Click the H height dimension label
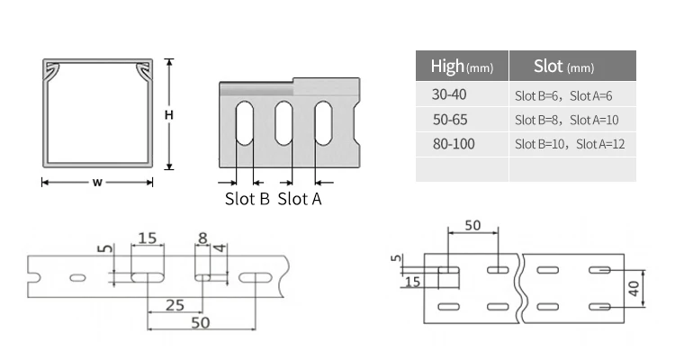click(169, 115)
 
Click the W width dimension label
click(97, 182)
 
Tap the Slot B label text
click(247, 199)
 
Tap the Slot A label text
click(300, 199)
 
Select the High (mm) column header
click(462, 67)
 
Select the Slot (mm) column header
click(564, 67)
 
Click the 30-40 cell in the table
click(449, 94)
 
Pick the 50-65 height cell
click(450, 120)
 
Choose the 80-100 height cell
click(454, 144)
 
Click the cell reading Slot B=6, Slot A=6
click(563, 95)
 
